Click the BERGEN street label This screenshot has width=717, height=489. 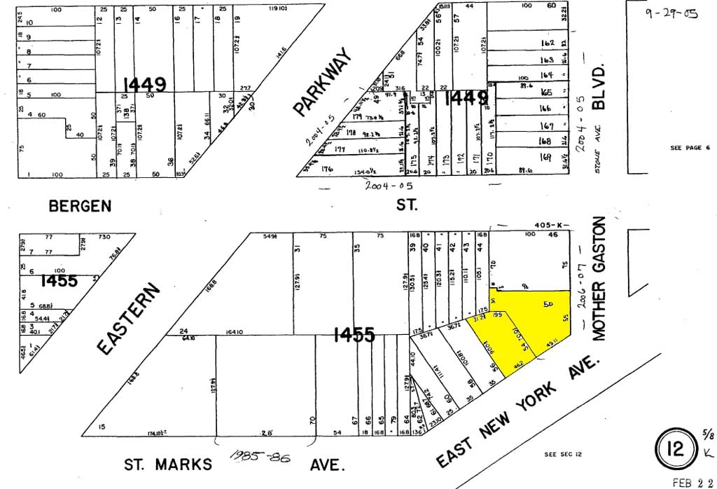tap(79, 205)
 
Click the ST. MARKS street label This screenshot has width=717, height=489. tap(167, 464)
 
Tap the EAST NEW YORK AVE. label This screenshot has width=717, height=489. tap(519, 410)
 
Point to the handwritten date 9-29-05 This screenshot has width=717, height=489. tap(671, 13)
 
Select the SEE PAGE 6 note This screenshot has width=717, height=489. tap(690, 148)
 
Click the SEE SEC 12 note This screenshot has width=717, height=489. tap(562, 455)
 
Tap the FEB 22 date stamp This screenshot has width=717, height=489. tap(692, 483)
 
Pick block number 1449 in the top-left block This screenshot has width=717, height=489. tap(145, 85)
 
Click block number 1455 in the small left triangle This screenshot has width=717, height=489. tap(60, 281)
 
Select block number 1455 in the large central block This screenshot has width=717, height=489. tap(354, 336)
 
